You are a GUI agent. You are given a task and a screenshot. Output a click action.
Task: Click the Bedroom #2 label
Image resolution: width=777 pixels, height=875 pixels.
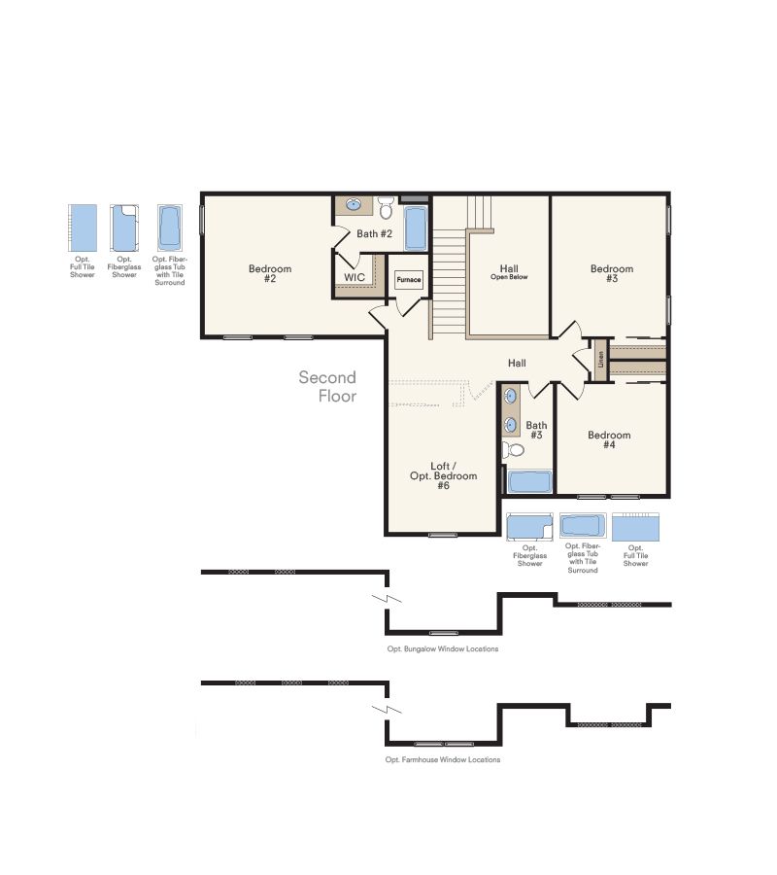tap(269, 274)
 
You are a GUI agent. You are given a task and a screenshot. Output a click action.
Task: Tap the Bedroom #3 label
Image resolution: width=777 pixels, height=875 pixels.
tap(611, 274)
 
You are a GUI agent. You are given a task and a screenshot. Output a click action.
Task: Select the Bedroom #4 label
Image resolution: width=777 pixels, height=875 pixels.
tap(609, 440)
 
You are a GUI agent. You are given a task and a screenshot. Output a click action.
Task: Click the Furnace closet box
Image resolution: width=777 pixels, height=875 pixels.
tap(409, 280)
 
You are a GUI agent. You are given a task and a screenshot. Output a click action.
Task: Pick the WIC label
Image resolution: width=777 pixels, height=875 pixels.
tap(354, 277)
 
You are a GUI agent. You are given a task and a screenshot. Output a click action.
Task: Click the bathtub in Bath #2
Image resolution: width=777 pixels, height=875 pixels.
tap(415, 227)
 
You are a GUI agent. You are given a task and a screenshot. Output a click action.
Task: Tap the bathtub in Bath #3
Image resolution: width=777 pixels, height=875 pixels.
tap(529, 481)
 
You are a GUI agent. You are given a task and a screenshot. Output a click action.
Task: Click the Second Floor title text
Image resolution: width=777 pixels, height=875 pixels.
tap(328, 386)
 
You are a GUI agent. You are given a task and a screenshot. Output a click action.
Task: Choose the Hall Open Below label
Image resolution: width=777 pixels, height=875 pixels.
tap(509, 272)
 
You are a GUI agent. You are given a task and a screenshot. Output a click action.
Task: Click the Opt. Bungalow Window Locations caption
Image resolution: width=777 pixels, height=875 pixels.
tap(442, 648)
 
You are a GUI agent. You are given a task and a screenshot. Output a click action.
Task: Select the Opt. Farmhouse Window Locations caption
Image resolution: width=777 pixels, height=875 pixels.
tap(442, 759)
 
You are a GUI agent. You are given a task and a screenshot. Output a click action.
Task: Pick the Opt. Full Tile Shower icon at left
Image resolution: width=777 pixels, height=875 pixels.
tap(82, 228)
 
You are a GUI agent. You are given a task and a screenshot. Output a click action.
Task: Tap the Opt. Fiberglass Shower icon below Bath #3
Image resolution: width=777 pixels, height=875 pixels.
tap(529, 528)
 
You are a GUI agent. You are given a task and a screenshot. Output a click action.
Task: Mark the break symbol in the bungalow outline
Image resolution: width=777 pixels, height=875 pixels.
tap(388, 596)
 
